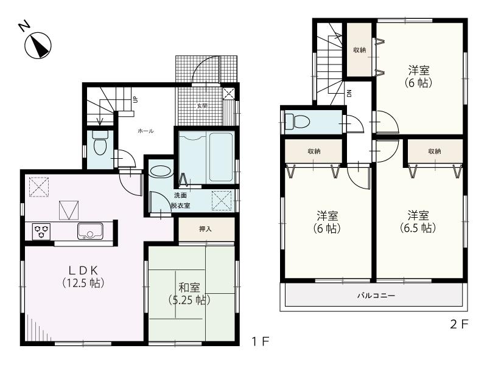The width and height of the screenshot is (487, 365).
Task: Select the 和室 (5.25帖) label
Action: [189, 293]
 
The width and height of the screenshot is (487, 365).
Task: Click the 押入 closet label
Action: [205, 229]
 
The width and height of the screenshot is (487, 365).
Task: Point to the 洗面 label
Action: [180, 195]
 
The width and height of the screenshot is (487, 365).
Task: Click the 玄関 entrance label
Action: [201, 105]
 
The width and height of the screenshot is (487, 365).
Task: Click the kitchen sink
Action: [89, 232]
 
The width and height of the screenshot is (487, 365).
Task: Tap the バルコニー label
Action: [376, 296]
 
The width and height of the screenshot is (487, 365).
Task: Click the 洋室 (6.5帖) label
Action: [418, 221]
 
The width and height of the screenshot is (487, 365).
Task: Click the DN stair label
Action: [349, 93]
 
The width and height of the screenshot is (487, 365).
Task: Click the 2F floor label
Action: [460, 324]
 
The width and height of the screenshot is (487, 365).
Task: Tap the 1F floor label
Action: [261, 342]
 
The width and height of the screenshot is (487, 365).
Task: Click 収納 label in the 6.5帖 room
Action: [434, 151]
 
